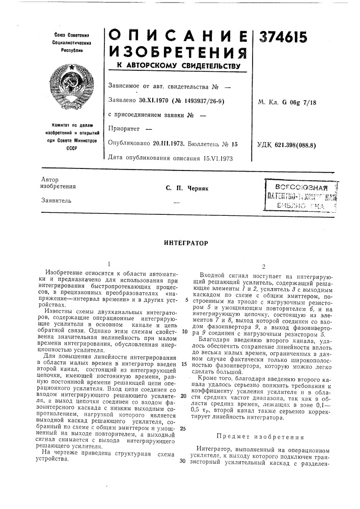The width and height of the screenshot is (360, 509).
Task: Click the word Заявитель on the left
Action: pos(55,200)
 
